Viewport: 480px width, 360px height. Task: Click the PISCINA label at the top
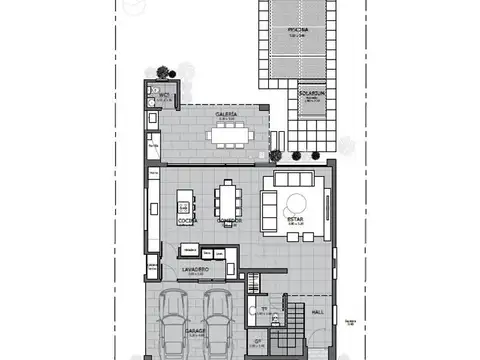pos(296,30)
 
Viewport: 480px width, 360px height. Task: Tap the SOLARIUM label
pos(312,94)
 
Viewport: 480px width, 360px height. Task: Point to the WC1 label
pos(163,98)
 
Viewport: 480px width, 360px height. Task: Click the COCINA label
pos(186,219)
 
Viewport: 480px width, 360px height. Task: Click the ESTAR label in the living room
pos(295,218)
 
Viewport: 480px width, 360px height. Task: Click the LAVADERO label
pos(194,270)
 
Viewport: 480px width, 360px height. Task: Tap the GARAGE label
pos(196,329)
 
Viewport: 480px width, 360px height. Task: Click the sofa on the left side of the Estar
pos(268,204)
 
